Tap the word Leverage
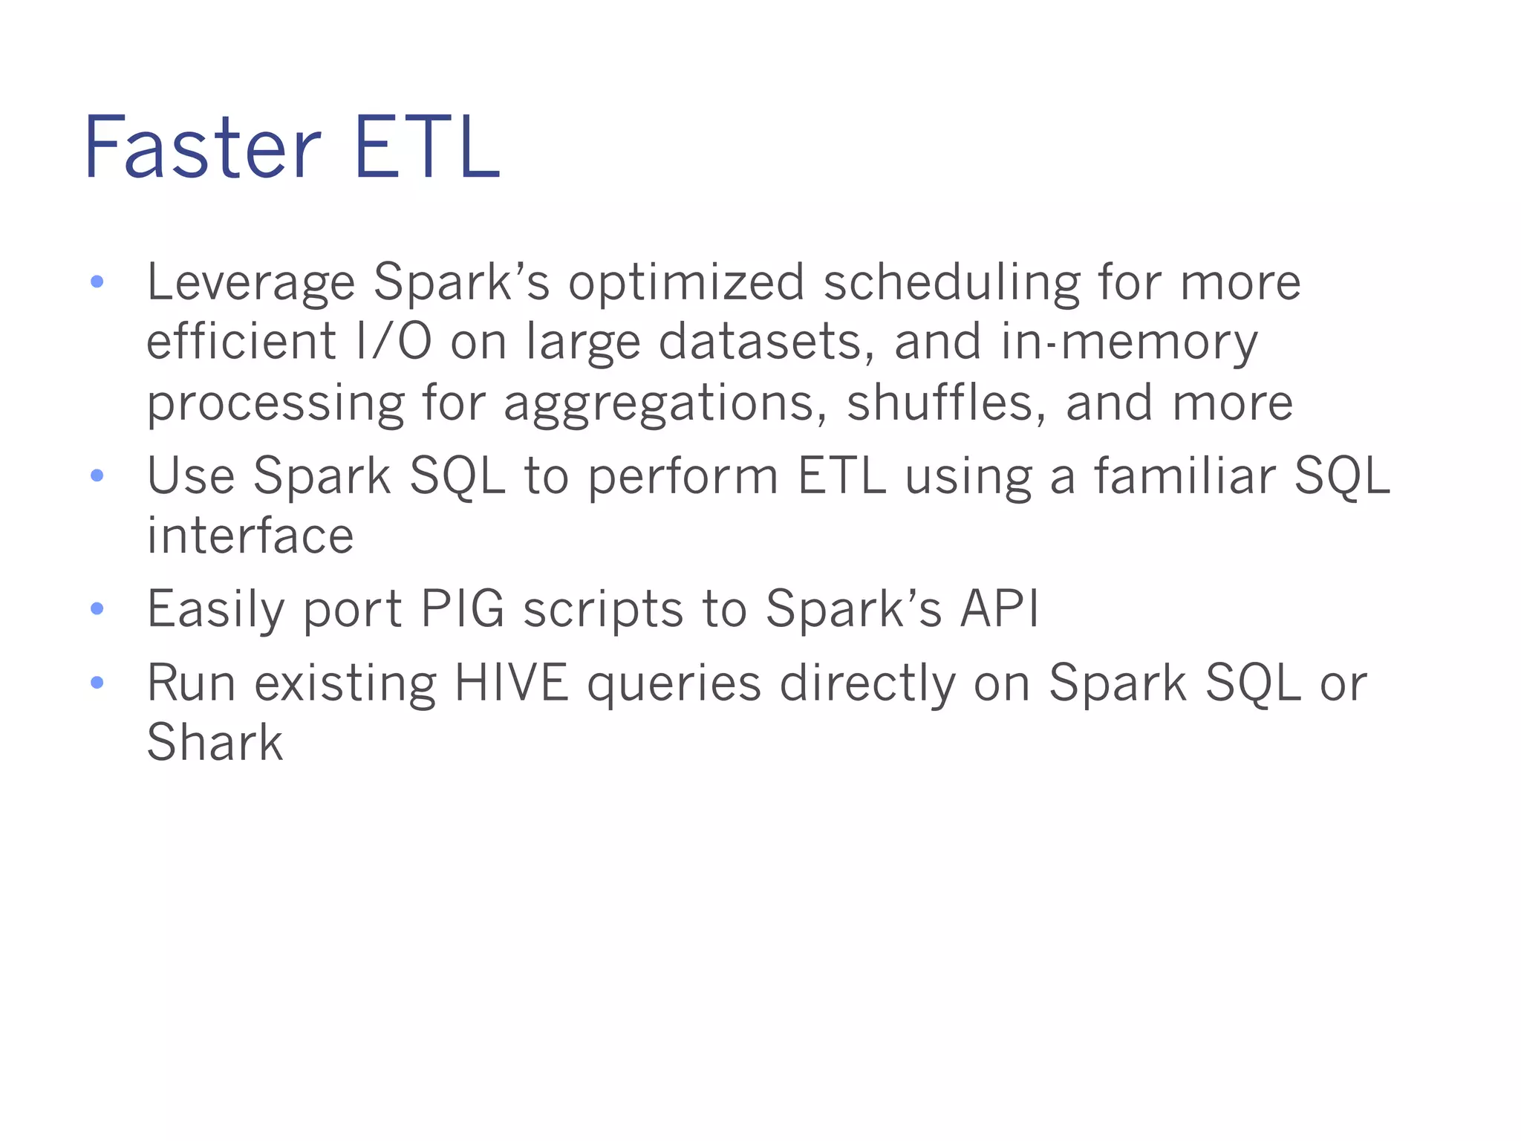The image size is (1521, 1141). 251,283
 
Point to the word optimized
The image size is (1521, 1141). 686,283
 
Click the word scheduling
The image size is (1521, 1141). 951,283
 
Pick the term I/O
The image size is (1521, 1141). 394,342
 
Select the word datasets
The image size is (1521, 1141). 766,342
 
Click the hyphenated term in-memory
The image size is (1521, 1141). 1129,343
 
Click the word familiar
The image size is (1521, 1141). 1184,475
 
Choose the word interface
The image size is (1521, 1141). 250,536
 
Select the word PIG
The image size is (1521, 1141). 462,609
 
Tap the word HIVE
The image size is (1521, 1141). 511,683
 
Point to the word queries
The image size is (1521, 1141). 674,684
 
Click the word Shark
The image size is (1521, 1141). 215,742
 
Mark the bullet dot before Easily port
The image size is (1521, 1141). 97,609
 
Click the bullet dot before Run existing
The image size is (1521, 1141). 97,683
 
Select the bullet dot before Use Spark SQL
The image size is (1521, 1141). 97,475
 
